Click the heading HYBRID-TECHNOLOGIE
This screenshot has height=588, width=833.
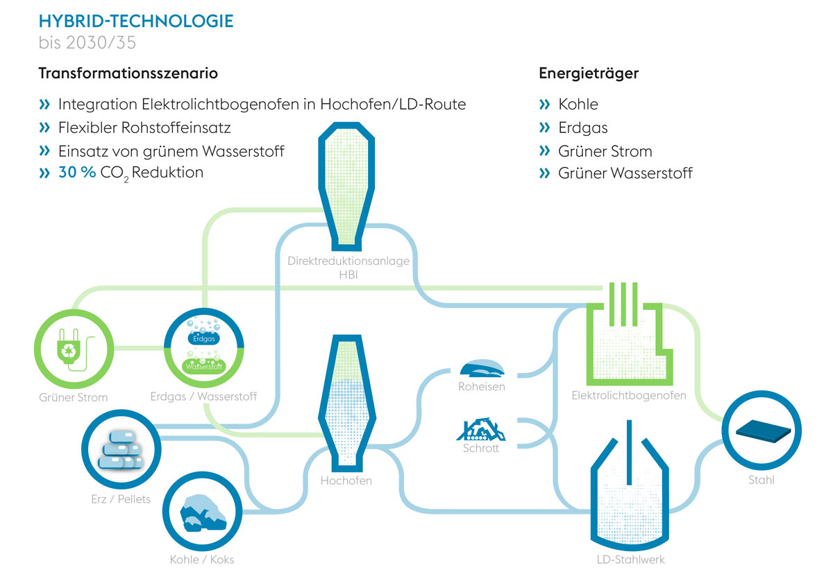136,21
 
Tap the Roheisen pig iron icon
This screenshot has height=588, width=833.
482,369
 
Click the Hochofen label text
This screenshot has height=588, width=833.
346,481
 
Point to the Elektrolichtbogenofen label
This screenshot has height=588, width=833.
629,395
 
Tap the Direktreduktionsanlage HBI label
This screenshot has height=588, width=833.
348,268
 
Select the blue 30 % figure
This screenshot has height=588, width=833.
77,173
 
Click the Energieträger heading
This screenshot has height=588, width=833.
589,73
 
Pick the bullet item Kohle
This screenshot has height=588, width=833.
578,104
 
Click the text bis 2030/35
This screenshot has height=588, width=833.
87,42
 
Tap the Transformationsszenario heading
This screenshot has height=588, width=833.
128,73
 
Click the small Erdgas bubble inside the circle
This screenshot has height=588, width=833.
203,338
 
